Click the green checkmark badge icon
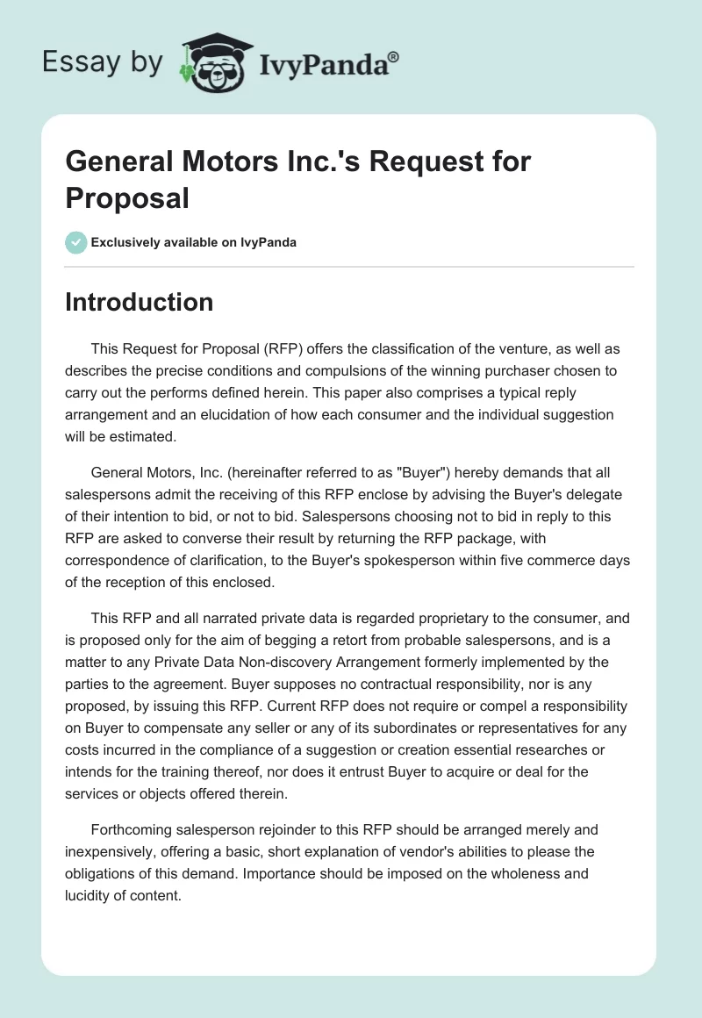[x=76, y=242]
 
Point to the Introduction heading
[x=140, y=302]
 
